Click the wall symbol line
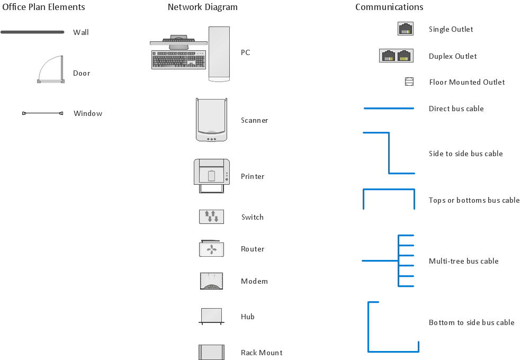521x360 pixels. point(32,32)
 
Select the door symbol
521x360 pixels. point(51,71)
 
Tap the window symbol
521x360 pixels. point(42,113)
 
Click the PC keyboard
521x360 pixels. point(178,60)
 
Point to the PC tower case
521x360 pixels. point(219,53)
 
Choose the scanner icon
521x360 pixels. point(212,120)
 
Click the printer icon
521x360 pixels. point(212,176)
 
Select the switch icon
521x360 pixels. point(211,217)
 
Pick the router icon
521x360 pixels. point(211,249)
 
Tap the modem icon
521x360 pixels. point(211,281)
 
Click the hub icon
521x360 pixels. point(211,316)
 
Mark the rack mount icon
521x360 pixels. point(211,353)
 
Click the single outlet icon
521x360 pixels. point(406,29)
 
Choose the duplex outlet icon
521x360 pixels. point(396,56)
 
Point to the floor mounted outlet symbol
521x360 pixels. point(409,82)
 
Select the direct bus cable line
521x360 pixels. point(389,109)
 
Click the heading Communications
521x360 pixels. point(389,7)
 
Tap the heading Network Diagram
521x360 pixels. point(202,7)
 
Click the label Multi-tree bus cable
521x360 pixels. point(463,261)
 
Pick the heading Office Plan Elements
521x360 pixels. point(43,7)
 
